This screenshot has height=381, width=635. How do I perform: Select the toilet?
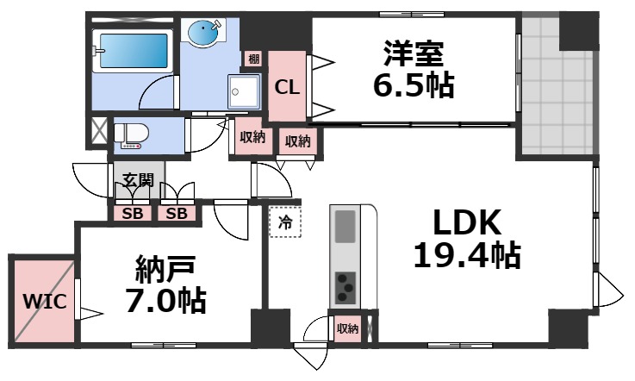(131, 134)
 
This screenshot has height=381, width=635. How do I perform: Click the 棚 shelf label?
(253, 59)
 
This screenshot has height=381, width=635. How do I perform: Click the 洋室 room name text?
(414, 53)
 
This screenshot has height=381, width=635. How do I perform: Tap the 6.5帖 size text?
(414, 86)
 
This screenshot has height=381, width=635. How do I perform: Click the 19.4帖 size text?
(465, 256)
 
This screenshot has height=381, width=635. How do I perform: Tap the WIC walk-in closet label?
(40, 303)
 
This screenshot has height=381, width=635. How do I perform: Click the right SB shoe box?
(176, 213)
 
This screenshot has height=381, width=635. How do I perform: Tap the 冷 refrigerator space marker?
(284, 222)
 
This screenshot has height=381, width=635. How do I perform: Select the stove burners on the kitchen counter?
(346, 285)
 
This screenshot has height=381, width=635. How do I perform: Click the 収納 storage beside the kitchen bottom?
(347, 328)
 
